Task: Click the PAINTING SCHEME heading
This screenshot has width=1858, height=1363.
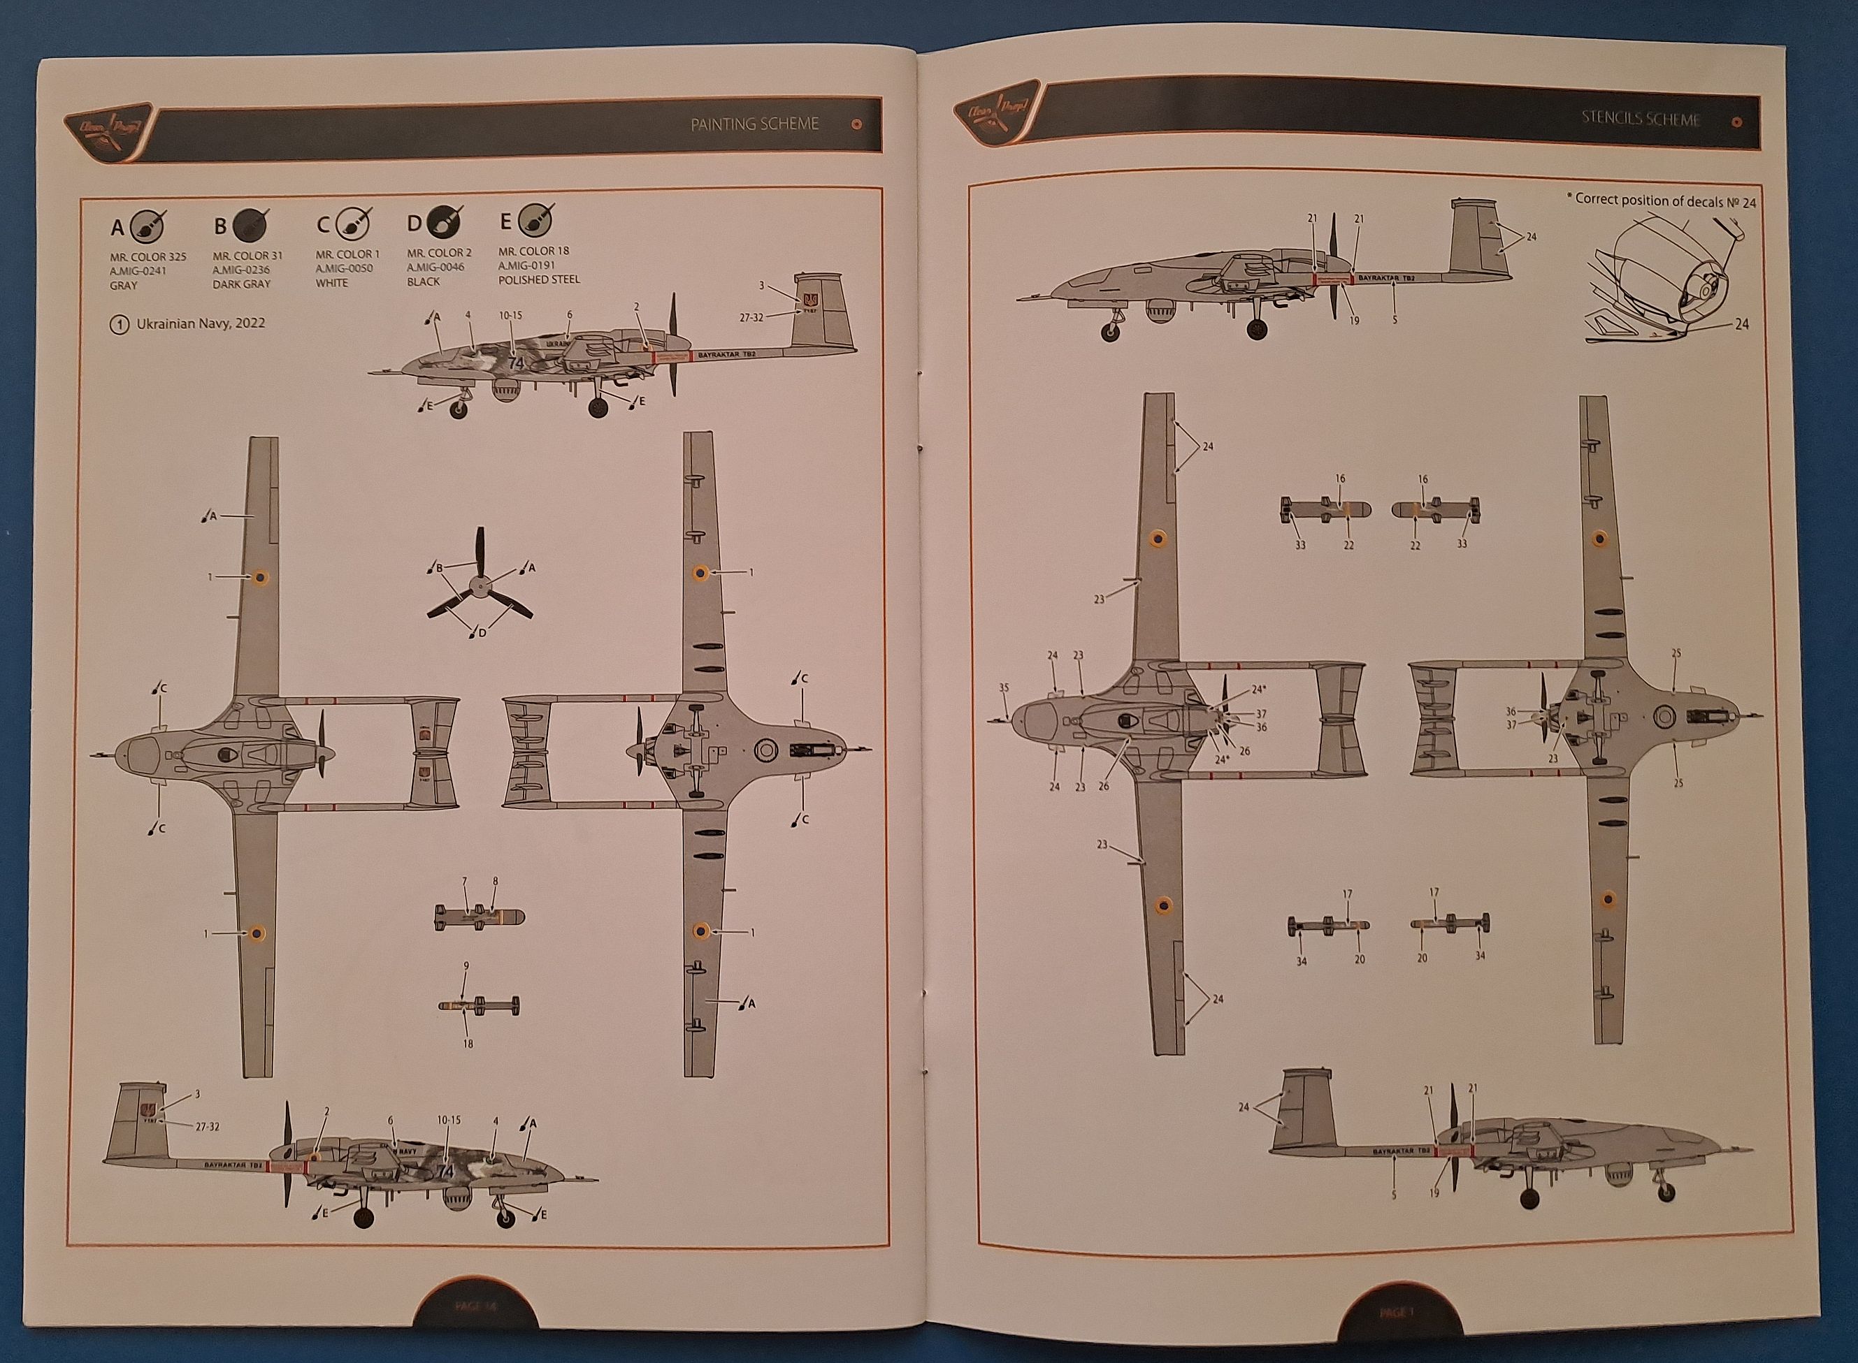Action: pos(754,124)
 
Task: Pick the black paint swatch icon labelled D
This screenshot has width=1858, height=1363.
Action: pos(443,223)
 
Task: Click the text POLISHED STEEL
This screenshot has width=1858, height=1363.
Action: pos(539,279)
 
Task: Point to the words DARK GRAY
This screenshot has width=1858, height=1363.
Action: pos(241,284)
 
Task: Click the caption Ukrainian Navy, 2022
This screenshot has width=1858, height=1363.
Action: pos(201,323)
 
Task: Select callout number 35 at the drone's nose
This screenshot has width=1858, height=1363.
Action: pos(1004,687)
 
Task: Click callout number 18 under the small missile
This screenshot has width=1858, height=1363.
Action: pos(468,1043)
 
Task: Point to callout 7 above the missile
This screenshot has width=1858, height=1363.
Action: pos(466,882)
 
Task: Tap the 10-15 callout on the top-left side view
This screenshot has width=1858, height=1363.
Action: pos(510,316)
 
